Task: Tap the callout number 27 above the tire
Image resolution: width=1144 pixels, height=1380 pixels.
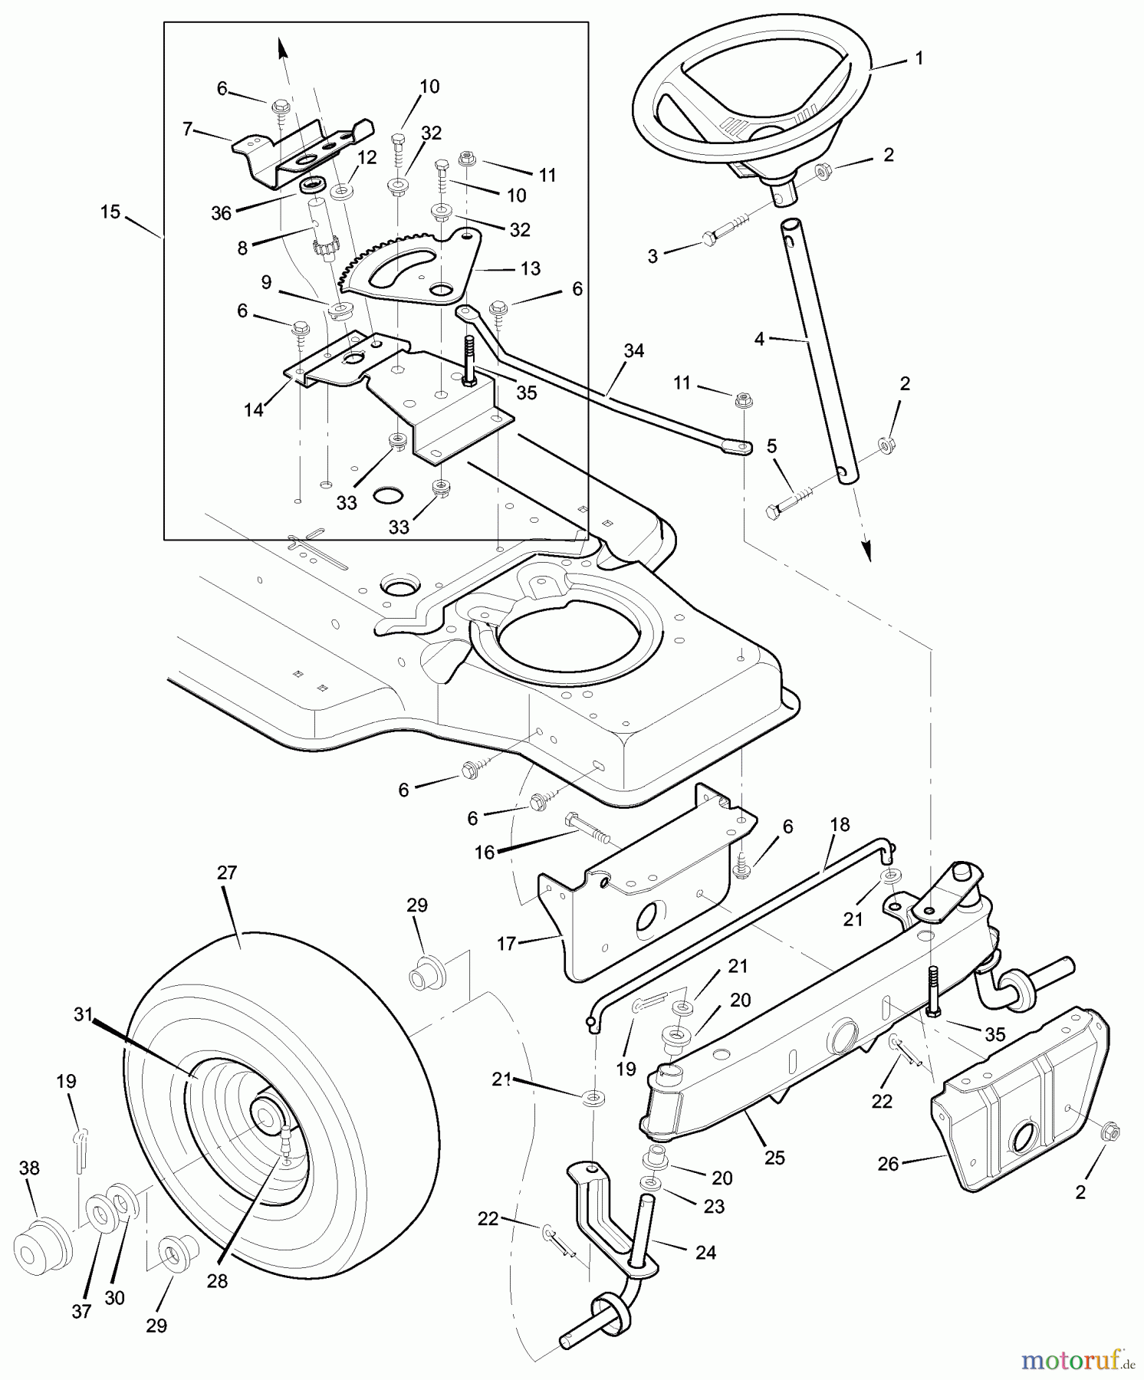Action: (x=227, y=873)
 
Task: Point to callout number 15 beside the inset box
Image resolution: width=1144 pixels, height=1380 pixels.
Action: (x=110, y=212)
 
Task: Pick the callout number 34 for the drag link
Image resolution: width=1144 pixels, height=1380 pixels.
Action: (x=633, y=351)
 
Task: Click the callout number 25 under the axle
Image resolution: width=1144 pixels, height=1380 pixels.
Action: (x=774, y=1158)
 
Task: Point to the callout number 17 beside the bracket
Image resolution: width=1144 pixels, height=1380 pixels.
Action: (x=506, y=943)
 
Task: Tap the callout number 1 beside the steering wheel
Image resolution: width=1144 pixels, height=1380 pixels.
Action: (x=919, y=58)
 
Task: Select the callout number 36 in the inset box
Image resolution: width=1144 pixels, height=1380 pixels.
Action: (x=221, y=214)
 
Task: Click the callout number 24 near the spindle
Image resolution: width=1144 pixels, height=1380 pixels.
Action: (x=705, y=1252)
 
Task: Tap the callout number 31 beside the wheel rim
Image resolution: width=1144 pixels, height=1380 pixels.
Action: (x=83, y=1014)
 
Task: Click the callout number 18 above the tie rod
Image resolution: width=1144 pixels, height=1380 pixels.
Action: (x=840, y=825)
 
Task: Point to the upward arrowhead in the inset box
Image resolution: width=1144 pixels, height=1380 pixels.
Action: (x=282, y=48)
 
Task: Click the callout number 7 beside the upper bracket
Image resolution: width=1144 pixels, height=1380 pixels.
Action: (x=187, y=129)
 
